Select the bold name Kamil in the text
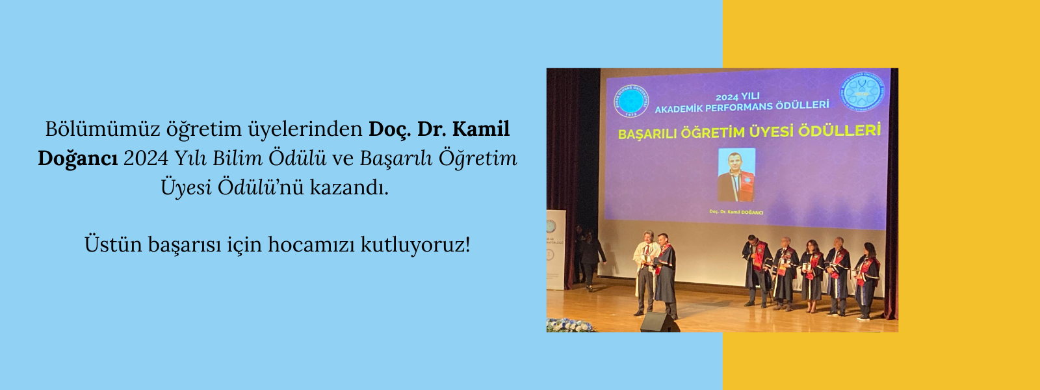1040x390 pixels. [x=481, y=129]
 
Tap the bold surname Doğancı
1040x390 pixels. [x=77, y=159]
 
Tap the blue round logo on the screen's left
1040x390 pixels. [x=631, y=102]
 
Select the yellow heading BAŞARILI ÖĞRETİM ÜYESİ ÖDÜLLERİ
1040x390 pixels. [x=749, y=132]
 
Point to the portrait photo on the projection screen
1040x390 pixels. [x=736, y=174]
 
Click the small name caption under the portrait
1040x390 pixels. [x=736, y=212]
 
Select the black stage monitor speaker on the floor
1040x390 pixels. [x=658, y=322]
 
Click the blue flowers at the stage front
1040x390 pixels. [x=569, y=325]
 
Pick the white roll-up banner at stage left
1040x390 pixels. [x=556, y=250]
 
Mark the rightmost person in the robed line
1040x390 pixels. [x=866, y=281]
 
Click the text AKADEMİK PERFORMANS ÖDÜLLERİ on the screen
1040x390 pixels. [x=742, y=107]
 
